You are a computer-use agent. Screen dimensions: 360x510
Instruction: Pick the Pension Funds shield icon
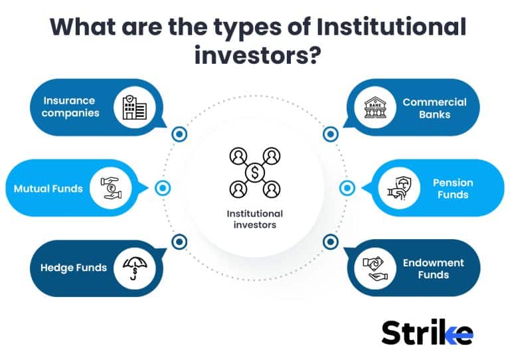coord(399,188)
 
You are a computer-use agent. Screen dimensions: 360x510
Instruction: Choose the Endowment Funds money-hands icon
coord(375,268)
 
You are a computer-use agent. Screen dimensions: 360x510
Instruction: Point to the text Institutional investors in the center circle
coord(254,219)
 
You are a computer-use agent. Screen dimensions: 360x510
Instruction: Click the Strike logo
coord(427,332)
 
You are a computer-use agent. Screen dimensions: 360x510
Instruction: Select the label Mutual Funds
coord(48,188)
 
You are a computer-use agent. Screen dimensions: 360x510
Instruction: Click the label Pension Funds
coord(452,188)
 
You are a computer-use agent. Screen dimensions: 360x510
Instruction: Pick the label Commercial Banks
coord(434,108)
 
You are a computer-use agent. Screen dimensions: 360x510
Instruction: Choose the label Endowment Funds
coord(434,268)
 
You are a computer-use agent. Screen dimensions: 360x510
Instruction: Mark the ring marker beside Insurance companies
coord(179,135)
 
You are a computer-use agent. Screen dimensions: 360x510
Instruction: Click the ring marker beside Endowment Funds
coord(331,242)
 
